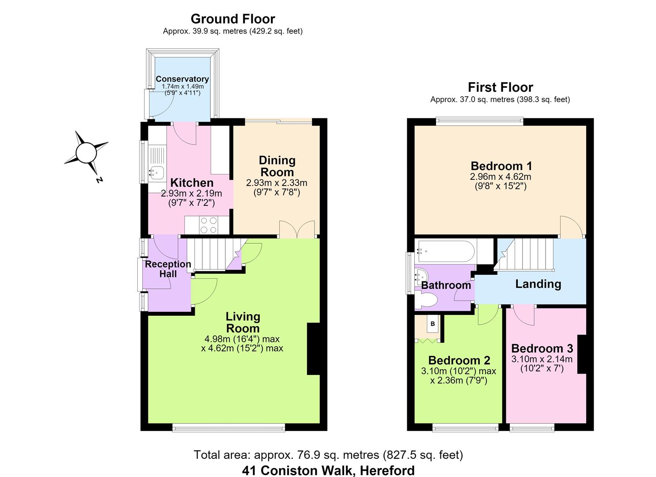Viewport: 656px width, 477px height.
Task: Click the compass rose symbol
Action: (86, 153)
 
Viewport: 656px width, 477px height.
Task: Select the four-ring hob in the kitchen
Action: (209, 225)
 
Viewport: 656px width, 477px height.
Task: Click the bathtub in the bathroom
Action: (446, 251)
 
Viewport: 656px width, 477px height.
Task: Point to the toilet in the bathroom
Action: (427, 300)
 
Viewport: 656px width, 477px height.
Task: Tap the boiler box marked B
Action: (432, 324)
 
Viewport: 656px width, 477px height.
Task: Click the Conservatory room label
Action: (182, 79)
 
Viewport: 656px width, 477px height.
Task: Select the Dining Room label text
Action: (277, 167)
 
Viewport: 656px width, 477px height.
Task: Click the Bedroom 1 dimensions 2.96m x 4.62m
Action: (501, 177)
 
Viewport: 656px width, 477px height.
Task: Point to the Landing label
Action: (538, 284)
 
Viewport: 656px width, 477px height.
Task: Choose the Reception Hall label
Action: (168, 269)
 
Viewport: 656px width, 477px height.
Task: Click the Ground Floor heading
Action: (233, 19)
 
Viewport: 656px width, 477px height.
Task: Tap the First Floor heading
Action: (500, 87)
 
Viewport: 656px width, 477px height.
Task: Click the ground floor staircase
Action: (217, 254)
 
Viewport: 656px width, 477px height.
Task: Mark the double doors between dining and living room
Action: (297, 230)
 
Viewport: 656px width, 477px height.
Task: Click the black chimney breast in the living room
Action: (313, 349)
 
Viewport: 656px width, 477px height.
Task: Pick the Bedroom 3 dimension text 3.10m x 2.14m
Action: (542, 359)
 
